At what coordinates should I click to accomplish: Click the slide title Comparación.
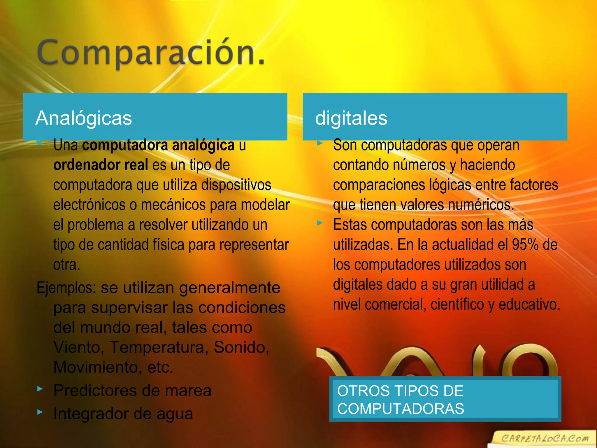click(151, 52)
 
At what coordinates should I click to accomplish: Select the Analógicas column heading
click(84, 118)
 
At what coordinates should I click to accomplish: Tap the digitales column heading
click(351, 118)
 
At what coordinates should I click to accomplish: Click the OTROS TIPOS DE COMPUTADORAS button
click(445, 399)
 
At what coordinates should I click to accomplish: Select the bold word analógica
click(203, 145)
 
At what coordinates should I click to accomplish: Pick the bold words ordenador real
click(101, 165)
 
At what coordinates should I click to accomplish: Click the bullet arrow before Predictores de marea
click(40, 389)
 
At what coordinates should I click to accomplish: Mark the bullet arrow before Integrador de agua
click(40, 412)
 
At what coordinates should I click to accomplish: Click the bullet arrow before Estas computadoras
click(320, 223)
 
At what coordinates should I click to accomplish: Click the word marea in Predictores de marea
click(188, 391)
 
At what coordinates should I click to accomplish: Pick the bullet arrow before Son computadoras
click(320, 143)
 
